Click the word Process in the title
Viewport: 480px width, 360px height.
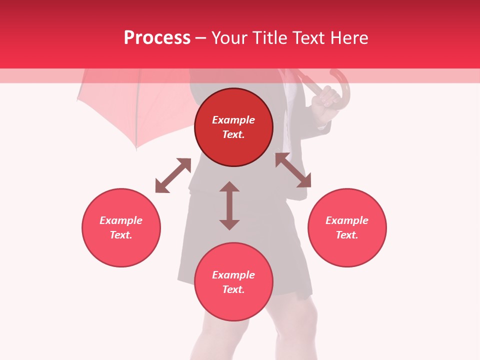coord(157,38)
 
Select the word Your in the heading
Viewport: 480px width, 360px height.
coord(229,38)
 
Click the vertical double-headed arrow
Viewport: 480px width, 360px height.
coord(229,205)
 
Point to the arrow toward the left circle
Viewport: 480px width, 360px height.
coord(173,175)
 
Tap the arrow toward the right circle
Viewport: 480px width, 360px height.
coord(293,170)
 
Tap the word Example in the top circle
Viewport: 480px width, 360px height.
coord(233,120)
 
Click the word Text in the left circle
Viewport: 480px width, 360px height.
coord(121,235)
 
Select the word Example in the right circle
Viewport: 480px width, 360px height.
coord(347,220)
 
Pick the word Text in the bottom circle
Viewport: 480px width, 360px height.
coord(233,289)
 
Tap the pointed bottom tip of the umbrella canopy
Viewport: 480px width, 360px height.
coord(136,148)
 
